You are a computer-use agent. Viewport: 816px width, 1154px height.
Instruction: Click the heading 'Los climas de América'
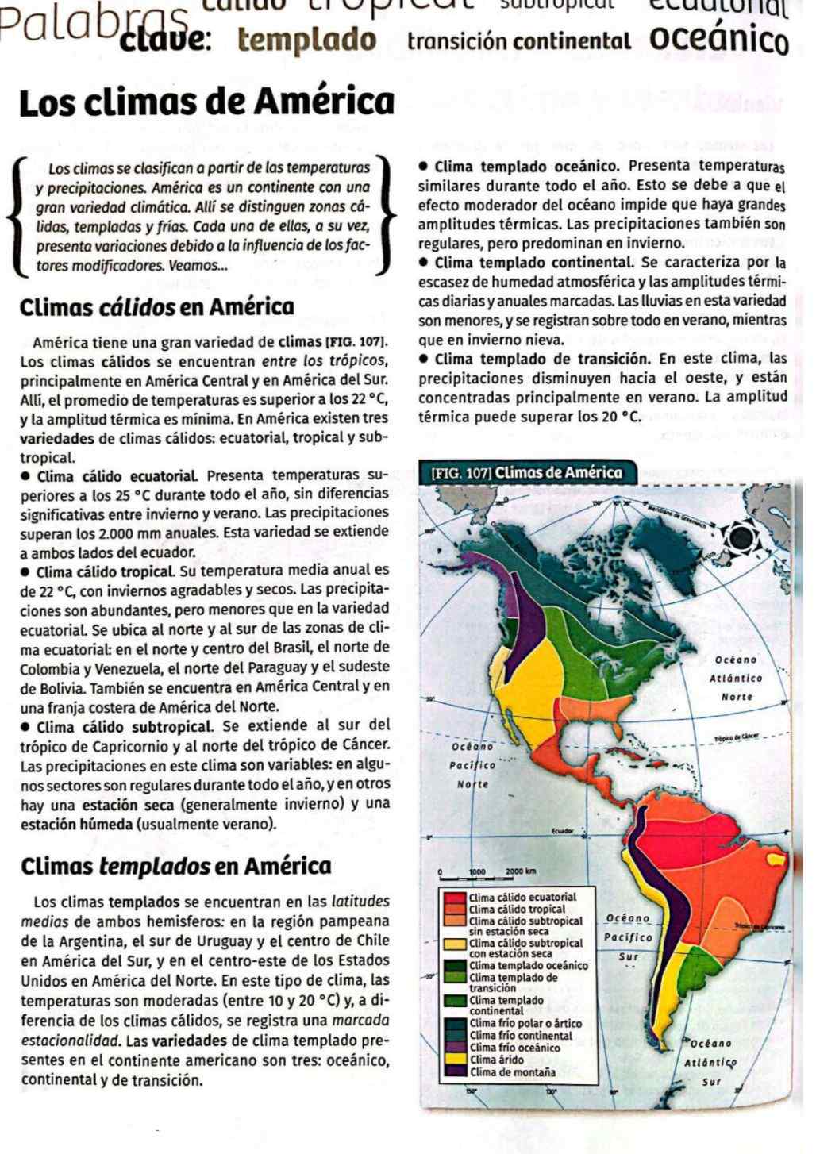(206, 103)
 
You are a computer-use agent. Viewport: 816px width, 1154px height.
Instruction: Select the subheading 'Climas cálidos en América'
(157, 307)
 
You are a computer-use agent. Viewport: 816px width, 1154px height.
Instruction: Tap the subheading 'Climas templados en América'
(176, 865)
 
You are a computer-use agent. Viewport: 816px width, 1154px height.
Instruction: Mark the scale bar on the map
(489, 876)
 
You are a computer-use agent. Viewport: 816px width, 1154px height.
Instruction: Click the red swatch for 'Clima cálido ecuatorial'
(455, 898)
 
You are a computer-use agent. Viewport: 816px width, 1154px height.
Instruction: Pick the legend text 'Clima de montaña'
(512, 1071)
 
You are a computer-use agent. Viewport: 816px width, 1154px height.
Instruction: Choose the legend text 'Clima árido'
(497, 1060)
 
